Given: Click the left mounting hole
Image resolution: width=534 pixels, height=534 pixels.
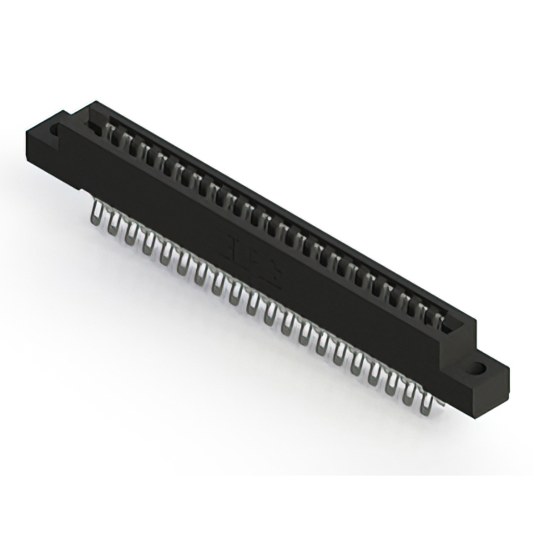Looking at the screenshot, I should pos(57,132).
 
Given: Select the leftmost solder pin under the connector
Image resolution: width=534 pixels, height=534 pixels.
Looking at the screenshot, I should pos(96,214).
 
